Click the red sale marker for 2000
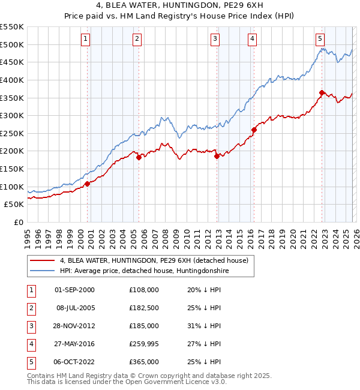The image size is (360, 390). (x=88, y=184)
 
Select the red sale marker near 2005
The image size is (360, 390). (x=139, y=157)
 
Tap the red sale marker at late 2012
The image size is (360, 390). (x=217, y=156)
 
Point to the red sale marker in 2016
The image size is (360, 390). (x=254, y=130)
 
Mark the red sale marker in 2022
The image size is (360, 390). (x=322, y=92)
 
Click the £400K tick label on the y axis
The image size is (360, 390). (x=12, y=80)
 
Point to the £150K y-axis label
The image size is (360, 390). (x=12, y=169)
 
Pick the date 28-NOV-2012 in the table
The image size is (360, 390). (x=74, y=326)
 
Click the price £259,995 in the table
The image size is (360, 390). (x=144, y=344)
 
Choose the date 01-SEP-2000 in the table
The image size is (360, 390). (x=74, y=290)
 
